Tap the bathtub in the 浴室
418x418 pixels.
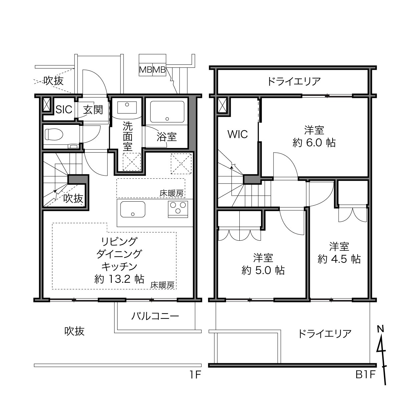point(167,112)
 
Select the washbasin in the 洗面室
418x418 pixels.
point(127,107)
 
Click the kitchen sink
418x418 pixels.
point(133,209)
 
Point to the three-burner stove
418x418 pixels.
point(178,209)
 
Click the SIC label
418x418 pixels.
point(64,110)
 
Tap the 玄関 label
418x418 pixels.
point(93,110)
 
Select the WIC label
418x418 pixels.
point(237,134)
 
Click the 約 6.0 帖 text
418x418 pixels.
point(314,143)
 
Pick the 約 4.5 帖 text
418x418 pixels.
point(339,259)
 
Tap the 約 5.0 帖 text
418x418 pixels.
point(263,270)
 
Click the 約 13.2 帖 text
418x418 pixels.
point(119,279)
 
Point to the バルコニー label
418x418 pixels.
point(155,316)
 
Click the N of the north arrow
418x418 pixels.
point(381,329)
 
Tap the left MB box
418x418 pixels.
point(146,70)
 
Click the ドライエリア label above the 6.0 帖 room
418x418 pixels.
point(294,81)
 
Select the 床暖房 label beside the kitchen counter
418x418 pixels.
point(171,193)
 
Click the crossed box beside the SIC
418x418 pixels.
point(47,105)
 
